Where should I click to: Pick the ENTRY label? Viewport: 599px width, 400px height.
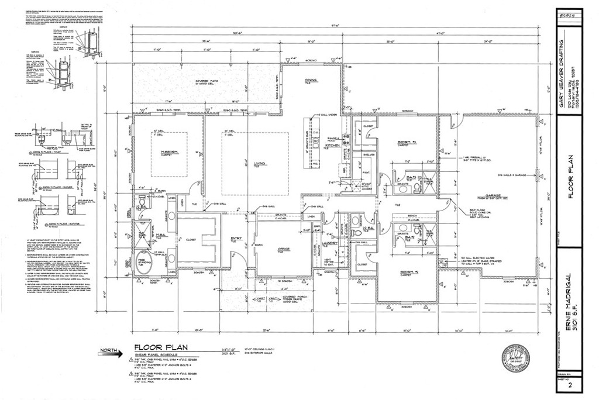click(x=237, y=238)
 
